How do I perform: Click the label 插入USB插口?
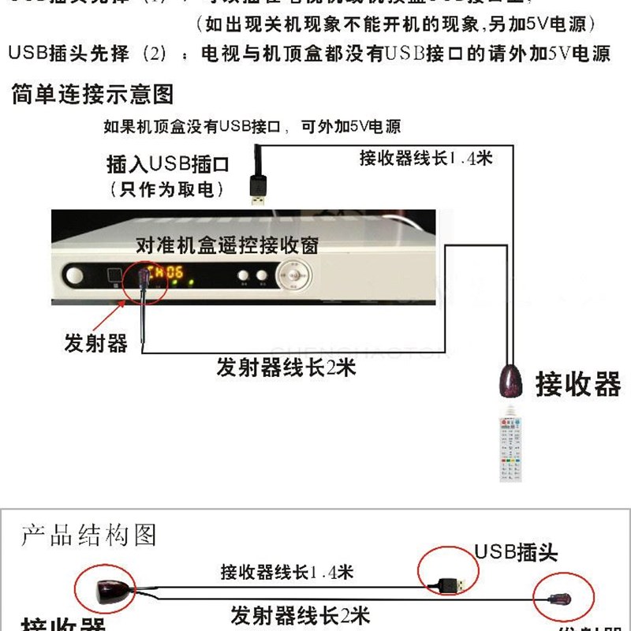coord(167,164)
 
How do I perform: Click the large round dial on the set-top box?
coord(293,276)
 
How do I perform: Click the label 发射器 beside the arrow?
coord(95,343)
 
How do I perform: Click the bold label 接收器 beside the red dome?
coord(578,384)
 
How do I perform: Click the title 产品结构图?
coord(89,536)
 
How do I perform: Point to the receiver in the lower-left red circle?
coord(106,589)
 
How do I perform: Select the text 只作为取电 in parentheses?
coord(166,189)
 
